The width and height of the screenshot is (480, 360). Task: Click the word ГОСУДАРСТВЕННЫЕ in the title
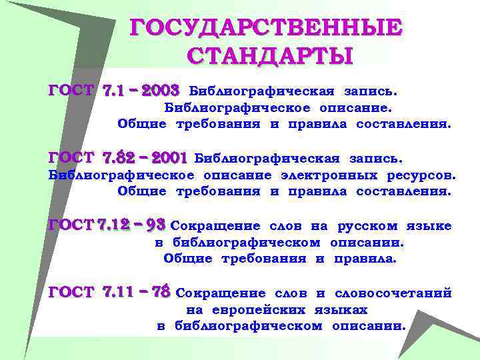pyautogui.click(x=266, y=27)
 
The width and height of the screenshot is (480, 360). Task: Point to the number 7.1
pyautogui.click(x=116, y=89)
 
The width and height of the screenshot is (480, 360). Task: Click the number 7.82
pyautogui.click(x=119, y=158)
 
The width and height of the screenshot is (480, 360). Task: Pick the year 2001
pyautogui.click(x=170, y=158)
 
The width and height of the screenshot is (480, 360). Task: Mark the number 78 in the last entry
pyautogui.click(x=162, y=292)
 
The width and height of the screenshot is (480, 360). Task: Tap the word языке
pyautogui.click(x=429, y=226)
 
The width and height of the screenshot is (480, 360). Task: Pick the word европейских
pyautogui.click(x=259, y=310)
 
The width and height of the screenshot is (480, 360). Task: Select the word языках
pyautogui.click(x=341, y=310)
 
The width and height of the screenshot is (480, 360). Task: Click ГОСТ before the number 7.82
pyautogui.click(x=71, y=158)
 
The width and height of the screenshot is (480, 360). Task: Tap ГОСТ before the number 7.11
pyautogui.click(x=71, y=292)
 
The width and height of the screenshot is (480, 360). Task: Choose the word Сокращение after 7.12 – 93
pyautogui.click(x=210, y=226)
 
